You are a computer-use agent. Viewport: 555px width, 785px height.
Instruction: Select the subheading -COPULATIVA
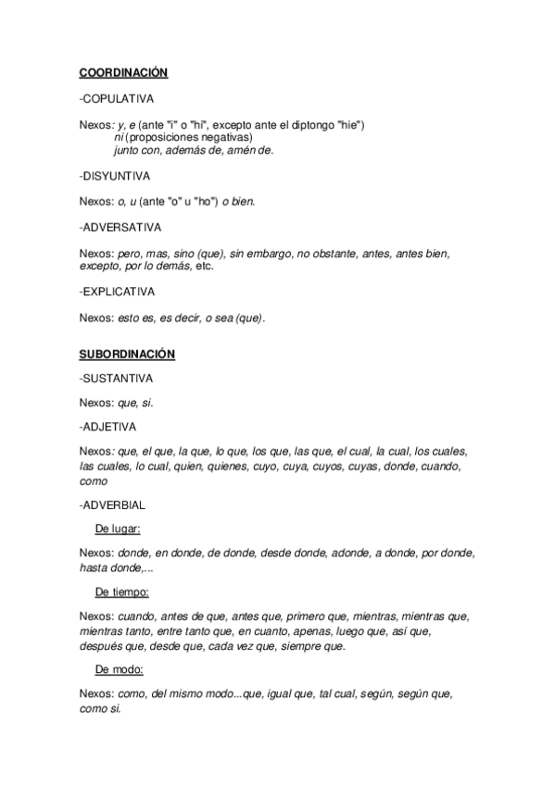(117, 97)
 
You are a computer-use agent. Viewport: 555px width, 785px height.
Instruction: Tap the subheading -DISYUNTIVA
(116, 175)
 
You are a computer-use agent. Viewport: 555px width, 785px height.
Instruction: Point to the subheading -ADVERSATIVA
(121, 226)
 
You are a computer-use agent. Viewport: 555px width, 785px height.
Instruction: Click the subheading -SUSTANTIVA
(118, 379)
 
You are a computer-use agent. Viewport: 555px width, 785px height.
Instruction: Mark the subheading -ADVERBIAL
(113, 505)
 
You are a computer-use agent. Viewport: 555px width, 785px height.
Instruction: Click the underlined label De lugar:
(118, 529)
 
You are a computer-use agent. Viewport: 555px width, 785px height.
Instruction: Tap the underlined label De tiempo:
(122, 592)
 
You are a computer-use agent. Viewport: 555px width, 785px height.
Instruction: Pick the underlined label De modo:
(119, 667)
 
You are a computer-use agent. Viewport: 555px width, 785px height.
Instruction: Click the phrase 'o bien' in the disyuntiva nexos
(238, 200)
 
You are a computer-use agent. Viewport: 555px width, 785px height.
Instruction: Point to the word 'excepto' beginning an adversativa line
(99, 266)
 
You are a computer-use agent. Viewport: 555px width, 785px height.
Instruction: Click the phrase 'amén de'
(251, 150)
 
